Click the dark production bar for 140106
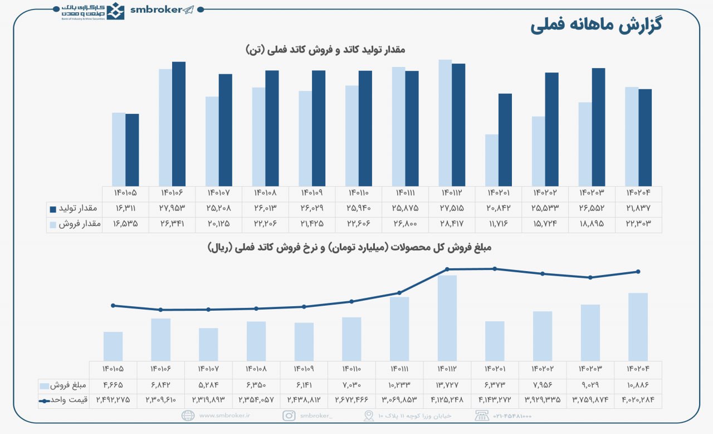pos(178,123)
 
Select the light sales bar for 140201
pos(491,160)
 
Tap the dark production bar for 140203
pos(598,127)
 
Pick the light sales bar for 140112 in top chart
pos(445,123)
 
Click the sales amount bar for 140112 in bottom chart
pos(447,317)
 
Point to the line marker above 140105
pos(113,306)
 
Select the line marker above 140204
pos(638,272)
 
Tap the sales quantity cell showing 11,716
pos(498,224)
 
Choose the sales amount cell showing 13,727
pos(447,385)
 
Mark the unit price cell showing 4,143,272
pos(495,399)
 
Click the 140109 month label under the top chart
pos(312,193)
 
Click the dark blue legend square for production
pos(53,209)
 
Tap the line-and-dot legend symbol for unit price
pos(45,401)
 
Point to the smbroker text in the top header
pos(155,9)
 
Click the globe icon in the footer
pos(188,416)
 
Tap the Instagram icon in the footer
pos(289,416)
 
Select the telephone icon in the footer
pos(482,416)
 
